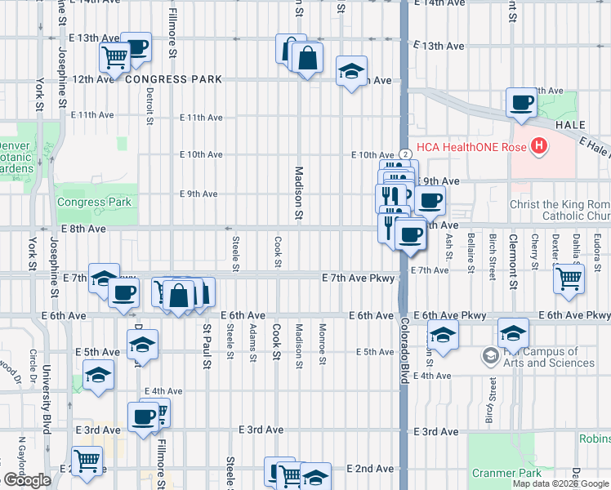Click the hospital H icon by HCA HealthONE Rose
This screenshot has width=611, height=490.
pos(538,147)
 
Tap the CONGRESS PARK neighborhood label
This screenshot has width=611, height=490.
pos(174,80)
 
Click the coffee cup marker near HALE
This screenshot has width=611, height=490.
pos(520,104)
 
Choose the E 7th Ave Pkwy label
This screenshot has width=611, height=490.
pos(359,278)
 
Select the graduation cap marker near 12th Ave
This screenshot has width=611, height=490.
pos(351,72)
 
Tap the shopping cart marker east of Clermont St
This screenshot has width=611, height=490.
pos(569,278)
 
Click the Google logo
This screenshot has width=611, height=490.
pos(27,480)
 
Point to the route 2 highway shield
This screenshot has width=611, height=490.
pos(405,154)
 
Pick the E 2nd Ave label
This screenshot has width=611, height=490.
pos(370,469)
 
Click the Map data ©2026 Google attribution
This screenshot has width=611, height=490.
pos(560,483)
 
